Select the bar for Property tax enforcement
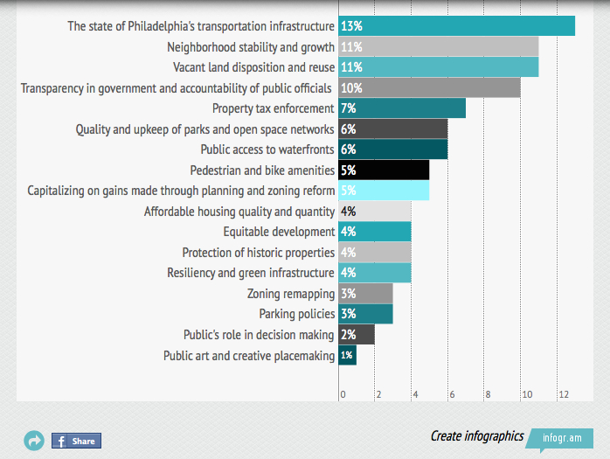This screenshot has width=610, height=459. pos(402,108)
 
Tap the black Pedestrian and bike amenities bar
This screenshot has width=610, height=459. pos(384,170)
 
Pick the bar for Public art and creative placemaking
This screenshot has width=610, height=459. pos(347,355)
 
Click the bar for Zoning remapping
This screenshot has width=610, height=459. pos(365,294)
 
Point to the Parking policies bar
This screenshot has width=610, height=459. pos(365,314)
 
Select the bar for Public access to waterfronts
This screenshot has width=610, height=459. pos(392,150)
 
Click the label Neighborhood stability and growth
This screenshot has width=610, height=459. pos(250,47)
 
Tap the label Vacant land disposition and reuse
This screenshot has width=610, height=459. pos(253,67)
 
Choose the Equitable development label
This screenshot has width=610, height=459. pos(279,232)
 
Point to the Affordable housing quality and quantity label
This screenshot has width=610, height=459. pos(239,212)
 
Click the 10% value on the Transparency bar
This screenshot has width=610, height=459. pos(351,88)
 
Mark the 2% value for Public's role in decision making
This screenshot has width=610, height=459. pos(348,335)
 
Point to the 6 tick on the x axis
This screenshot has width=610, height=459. pos(451,395)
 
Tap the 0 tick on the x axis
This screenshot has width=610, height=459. pos(343,395)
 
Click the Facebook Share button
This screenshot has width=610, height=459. pos(76,441)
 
